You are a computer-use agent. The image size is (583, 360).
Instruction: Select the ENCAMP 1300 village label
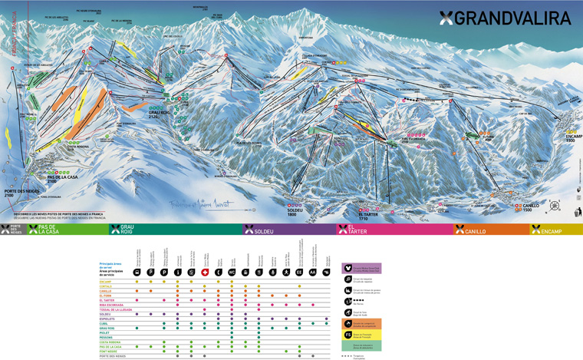pyautogui.click(x=569, y=139)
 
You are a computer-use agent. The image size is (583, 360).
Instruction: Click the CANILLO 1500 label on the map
pyautogui.click(x=531, y=207)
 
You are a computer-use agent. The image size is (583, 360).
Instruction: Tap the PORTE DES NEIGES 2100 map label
pyautogui.click(x=21, y=193)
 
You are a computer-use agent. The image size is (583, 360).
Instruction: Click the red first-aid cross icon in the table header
pyautogui.click(x=204, y=272)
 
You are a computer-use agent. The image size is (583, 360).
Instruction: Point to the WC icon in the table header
pyautogui.click(x=232, y=272)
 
